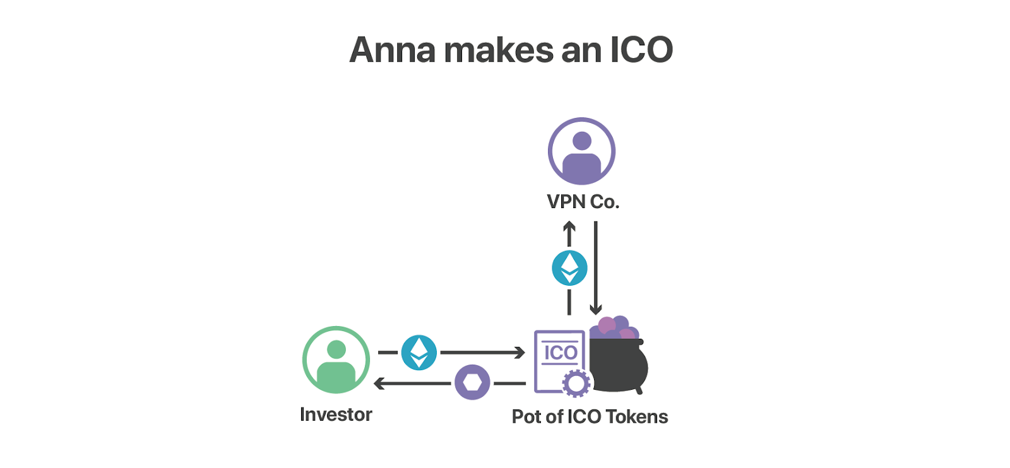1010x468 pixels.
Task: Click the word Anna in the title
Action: pyautogui.click(x=392, y=50)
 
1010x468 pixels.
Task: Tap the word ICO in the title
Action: pyautogui.click(x=641, y=50)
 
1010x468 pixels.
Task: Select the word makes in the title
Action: pyautogui.click(x=499, y=50)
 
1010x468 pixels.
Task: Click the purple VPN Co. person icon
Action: pyautogui.click(x=581, y=151)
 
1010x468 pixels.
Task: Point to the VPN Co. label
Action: pyautogui.click(x=583, y=201)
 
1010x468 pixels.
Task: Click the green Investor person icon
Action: pyautogui.click(x=336, y=360)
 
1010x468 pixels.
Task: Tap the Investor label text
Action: pyautogui.click(x=336, y=414)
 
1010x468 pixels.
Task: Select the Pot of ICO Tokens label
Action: pyautogui.click(x=590, y=416)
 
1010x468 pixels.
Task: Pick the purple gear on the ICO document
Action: pyautogui.click(x=576, y=383)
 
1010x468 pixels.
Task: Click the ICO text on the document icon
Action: pyautogui.click(x=561, y=353)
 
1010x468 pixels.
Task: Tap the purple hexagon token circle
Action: pyautogui.click(x=472, y=382)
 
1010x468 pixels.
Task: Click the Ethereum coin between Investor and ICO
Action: pyautogui.click(x=419, y=353)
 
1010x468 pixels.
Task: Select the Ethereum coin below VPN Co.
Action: pyautogui.click(x=569, y=268)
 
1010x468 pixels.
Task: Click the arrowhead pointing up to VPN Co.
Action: pyautogui.click(x=569, y=226)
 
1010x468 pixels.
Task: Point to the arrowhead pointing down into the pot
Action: pyautogui.click(x=596, y=309)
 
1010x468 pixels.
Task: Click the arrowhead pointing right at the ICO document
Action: pyautogui.click(x=520, y=353)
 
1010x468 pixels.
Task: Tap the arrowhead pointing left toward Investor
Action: pyautogui.click(x=379, y=383)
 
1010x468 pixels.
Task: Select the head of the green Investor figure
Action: pyautogui.click(x=336, y=349)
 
